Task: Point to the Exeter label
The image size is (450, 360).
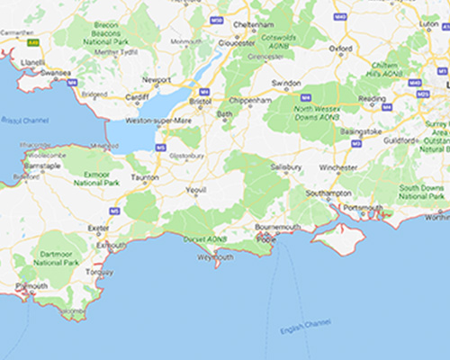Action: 97,229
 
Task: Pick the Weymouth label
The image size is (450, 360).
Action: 217,256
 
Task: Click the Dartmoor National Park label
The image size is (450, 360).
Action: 55,257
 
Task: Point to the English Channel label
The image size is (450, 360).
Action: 306,327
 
